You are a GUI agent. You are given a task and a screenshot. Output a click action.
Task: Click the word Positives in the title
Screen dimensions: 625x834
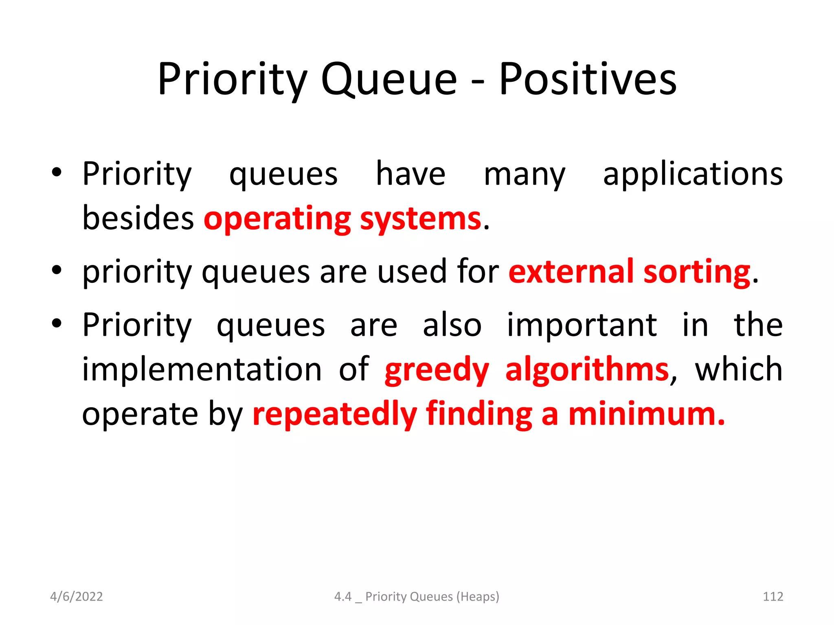pyautogui.click(x=588, y=79)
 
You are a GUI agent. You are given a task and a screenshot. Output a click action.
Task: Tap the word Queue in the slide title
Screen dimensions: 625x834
pyautogui.click(x=389, y=79)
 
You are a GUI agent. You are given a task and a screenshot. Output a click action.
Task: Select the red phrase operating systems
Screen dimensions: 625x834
pyautogui.click(x=342, y=219)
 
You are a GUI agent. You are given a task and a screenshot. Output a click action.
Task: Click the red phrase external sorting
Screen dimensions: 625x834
pyautogui.click(x=629, y=272)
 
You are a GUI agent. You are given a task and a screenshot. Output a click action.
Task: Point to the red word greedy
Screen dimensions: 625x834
pyautogui.click(x=437, y=369)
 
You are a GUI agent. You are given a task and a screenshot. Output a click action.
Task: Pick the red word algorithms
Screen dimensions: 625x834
pyautogui.click(x=587, y=369)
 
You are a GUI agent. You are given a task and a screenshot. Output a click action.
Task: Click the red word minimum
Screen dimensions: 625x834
pyautogui.click(x=646, y=413)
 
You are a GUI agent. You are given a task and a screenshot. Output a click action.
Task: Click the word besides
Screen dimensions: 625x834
pyautogui.click(x=138, y=219)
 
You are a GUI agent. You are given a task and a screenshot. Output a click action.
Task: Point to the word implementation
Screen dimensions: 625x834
pyautogui.click(x=202, y=369)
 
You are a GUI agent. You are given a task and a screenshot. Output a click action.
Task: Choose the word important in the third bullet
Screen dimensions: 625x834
pyautogui.click(x=582, y=325)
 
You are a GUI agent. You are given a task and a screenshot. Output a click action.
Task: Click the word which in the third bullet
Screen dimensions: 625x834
pyautogui.click(x=738, y=369)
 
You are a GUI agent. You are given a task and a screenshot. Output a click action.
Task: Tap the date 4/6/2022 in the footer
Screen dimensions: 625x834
pyautogui.click(x=76, y=597)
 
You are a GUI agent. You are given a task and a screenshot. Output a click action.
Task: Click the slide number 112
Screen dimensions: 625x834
pyautogui.click(x=773, y=597)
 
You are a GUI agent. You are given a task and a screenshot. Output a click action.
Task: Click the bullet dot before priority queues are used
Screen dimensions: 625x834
pyautogui.click(x=57, y=270)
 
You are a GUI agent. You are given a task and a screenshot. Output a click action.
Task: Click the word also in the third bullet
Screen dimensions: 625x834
pyautogui.click(x=452, y=325)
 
